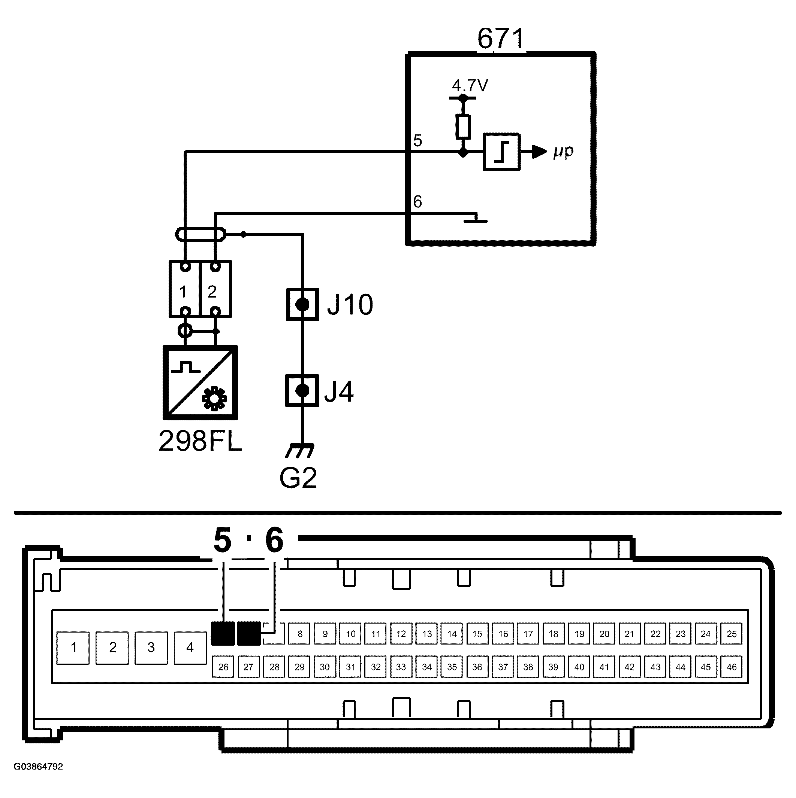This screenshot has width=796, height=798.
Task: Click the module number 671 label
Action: [x=501, y=39]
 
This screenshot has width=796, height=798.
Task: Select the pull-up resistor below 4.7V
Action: [x=463, y=127]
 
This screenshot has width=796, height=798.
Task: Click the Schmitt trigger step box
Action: [x=501, y=152]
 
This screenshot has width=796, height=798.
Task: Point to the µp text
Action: [x=564, y=152]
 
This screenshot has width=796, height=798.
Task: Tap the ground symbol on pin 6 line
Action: [x=476, y=219]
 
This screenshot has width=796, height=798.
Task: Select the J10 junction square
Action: [x=303, y=305]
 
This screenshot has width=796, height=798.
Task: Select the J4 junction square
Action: [x=302, y=391]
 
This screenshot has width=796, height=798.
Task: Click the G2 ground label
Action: [x=298, y=478]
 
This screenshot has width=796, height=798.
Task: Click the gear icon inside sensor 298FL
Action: [x=214, y=398]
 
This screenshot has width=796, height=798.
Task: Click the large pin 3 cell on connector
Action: [x=151, y=648]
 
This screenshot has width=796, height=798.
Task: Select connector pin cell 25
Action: [x=731, y=634]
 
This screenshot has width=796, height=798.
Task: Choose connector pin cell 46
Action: [x=731, y=667]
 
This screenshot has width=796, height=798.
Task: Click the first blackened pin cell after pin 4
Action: [x=223, y=634]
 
